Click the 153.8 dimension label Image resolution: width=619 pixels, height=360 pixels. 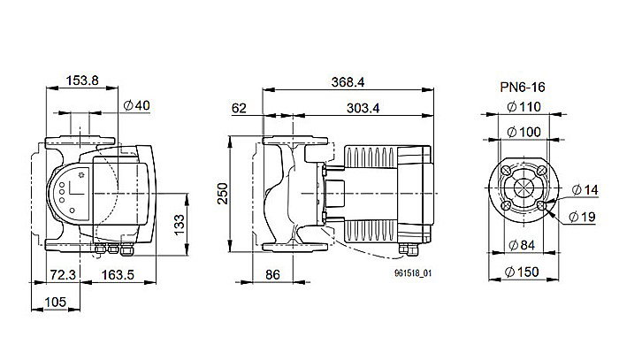pos(84,82)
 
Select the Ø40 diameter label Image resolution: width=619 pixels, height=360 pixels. pos(135,106)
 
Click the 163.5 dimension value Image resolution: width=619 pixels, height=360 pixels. pos(118,275)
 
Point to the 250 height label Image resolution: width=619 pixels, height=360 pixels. pos(223,193)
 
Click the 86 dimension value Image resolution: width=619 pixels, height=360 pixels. pos(273,276)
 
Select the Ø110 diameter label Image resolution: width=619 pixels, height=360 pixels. pos(525,107)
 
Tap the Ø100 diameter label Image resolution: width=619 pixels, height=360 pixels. pos(525,132)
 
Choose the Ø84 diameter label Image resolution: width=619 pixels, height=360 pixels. pos(525,245)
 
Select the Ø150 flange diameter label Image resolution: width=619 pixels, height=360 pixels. pos(525,271)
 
